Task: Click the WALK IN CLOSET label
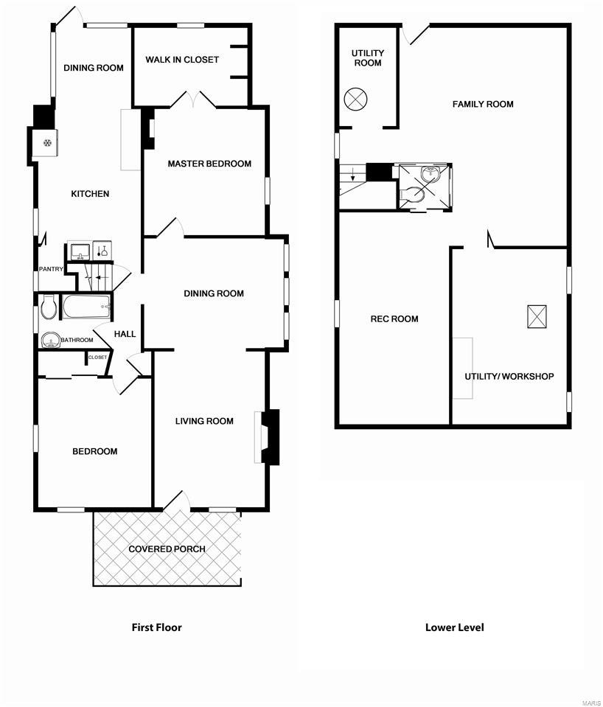[181, 60]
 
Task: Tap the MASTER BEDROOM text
[209, 164]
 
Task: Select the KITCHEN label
[90, 194]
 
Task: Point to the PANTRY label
[51, 269]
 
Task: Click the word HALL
[125, 334]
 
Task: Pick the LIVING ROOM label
[204, 421]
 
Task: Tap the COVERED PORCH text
[167, 549]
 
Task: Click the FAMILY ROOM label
[483, 104]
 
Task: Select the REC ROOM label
[394, 319]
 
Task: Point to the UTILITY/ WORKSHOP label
[509, 377]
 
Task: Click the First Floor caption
[156, 627]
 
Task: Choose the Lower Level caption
[455, 627]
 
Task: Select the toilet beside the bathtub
[48, 307]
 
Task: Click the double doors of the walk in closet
[193, 100]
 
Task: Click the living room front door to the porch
[175, 501]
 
